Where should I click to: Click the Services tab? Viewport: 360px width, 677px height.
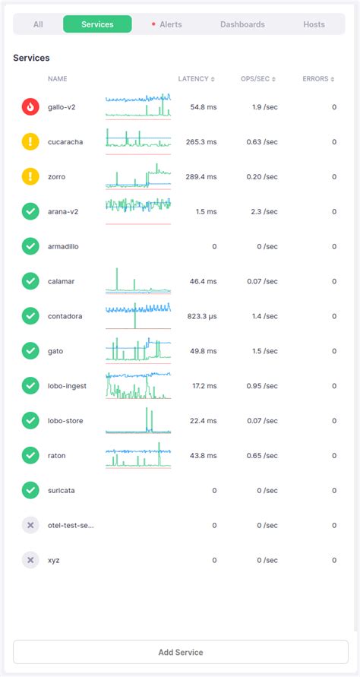coord(97,24)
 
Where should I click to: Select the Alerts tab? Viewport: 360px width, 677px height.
coord(167,24)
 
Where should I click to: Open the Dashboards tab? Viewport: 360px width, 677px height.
coord(242,24)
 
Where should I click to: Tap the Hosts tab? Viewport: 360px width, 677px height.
coord(314,24)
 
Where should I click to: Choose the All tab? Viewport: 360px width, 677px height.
coord(38,24)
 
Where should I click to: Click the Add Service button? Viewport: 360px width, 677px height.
coord(180,652)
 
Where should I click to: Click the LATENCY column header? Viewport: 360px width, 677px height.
coord(196,79)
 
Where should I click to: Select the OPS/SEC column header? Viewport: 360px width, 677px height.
coord(258,79)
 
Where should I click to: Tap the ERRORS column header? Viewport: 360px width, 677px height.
coord(319,79)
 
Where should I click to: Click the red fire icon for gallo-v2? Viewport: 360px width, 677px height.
coord(30,107)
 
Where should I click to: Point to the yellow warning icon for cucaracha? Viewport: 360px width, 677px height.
coord(30,142)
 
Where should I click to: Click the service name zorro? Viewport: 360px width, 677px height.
coord(57,177)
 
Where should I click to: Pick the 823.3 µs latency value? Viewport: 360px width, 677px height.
coord(199,316)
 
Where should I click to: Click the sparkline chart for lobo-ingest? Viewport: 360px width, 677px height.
coord(138,386)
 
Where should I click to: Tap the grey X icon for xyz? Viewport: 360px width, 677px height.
coord(30,560)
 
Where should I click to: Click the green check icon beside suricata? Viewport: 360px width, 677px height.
coord(30,490)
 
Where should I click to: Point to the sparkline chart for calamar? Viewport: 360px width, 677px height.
coord(138,281)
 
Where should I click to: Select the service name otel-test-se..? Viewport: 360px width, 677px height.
coord(71,525)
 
